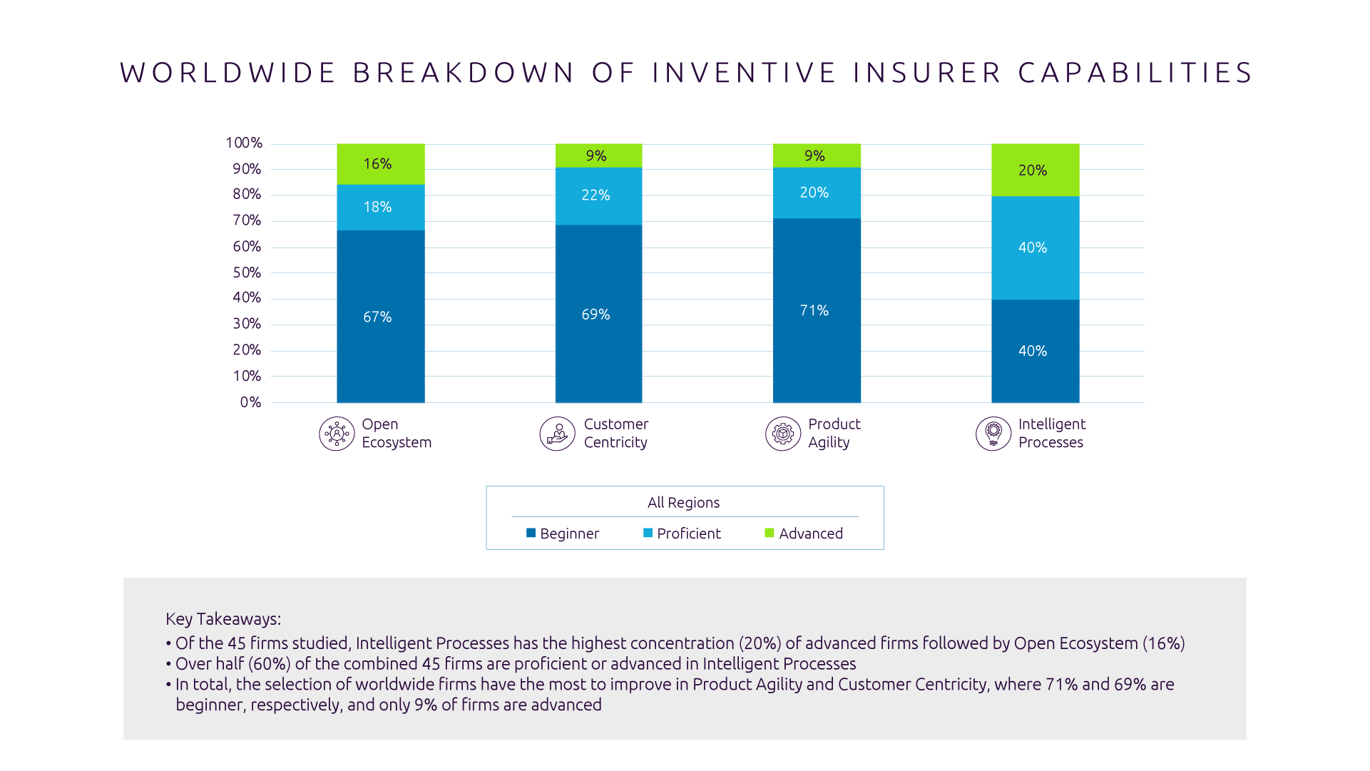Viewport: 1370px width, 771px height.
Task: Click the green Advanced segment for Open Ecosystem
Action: [380, 164]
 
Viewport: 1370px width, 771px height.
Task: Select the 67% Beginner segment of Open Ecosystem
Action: [380, 317]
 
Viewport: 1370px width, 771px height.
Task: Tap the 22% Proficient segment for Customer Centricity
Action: [598, 196]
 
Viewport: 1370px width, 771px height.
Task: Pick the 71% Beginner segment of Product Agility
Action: [817, 310]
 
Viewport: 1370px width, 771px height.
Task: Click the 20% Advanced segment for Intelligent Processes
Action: [1035, 170]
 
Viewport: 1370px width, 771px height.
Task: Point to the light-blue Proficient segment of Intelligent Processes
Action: [1035, 247]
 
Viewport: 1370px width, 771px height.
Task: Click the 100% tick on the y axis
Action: [244, 143]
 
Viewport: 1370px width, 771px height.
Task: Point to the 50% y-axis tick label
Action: [247, 273]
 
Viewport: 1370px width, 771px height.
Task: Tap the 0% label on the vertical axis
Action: [250, 402]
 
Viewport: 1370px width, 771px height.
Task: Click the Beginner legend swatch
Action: [531, 533]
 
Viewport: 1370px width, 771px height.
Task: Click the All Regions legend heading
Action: [683, 503]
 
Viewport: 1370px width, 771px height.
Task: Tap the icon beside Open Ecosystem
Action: [337, 434]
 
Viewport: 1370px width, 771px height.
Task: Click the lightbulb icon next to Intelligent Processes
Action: [993, 434]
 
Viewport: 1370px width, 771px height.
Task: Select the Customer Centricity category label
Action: [616, 434]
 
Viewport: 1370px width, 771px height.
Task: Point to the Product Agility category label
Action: [834, 434]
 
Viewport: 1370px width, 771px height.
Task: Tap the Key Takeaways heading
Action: [223, 619]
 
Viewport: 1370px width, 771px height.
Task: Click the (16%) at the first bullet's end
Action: [1163, 643]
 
